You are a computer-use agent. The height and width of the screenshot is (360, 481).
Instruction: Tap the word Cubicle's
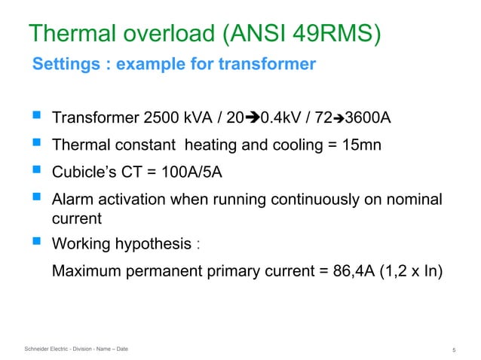[x=82, y=172]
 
